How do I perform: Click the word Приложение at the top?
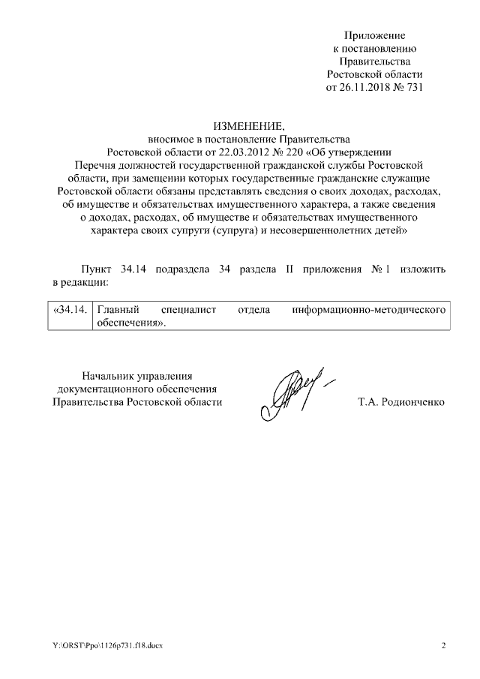pos(375,35)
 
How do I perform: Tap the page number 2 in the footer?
pos(443,646)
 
